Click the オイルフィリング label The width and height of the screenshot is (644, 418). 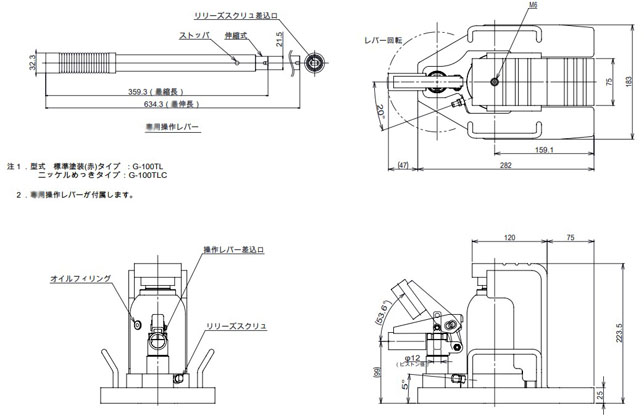[x=80, y=279]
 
